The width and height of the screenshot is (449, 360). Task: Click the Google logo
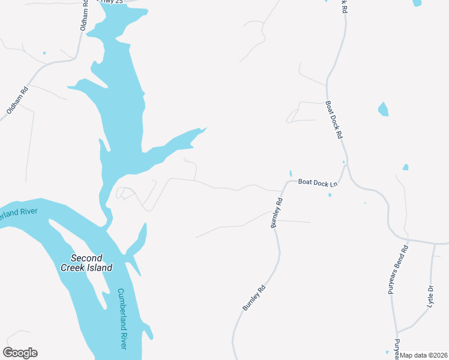(20, 353)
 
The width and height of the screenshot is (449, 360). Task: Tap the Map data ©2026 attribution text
(424, 355)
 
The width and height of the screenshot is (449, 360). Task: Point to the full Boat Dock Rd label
(334, 119)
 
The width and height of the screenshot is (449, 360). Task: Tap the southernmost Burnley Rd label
(253, 298)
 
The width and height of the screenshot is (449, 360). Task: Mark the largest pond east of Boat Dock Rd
(383, 109)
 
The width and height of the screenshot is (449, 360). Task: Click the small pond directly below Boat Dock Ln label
(330, 194)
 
